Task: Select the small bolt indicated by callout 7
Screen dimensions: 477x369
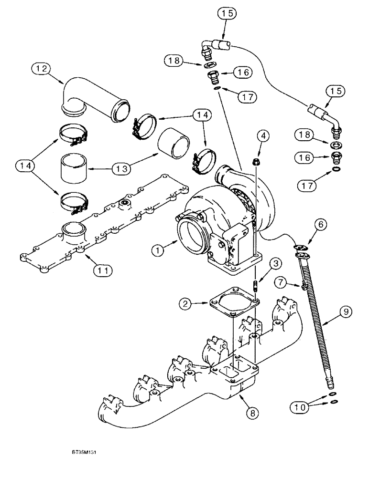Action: click(x=304, y=287)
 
